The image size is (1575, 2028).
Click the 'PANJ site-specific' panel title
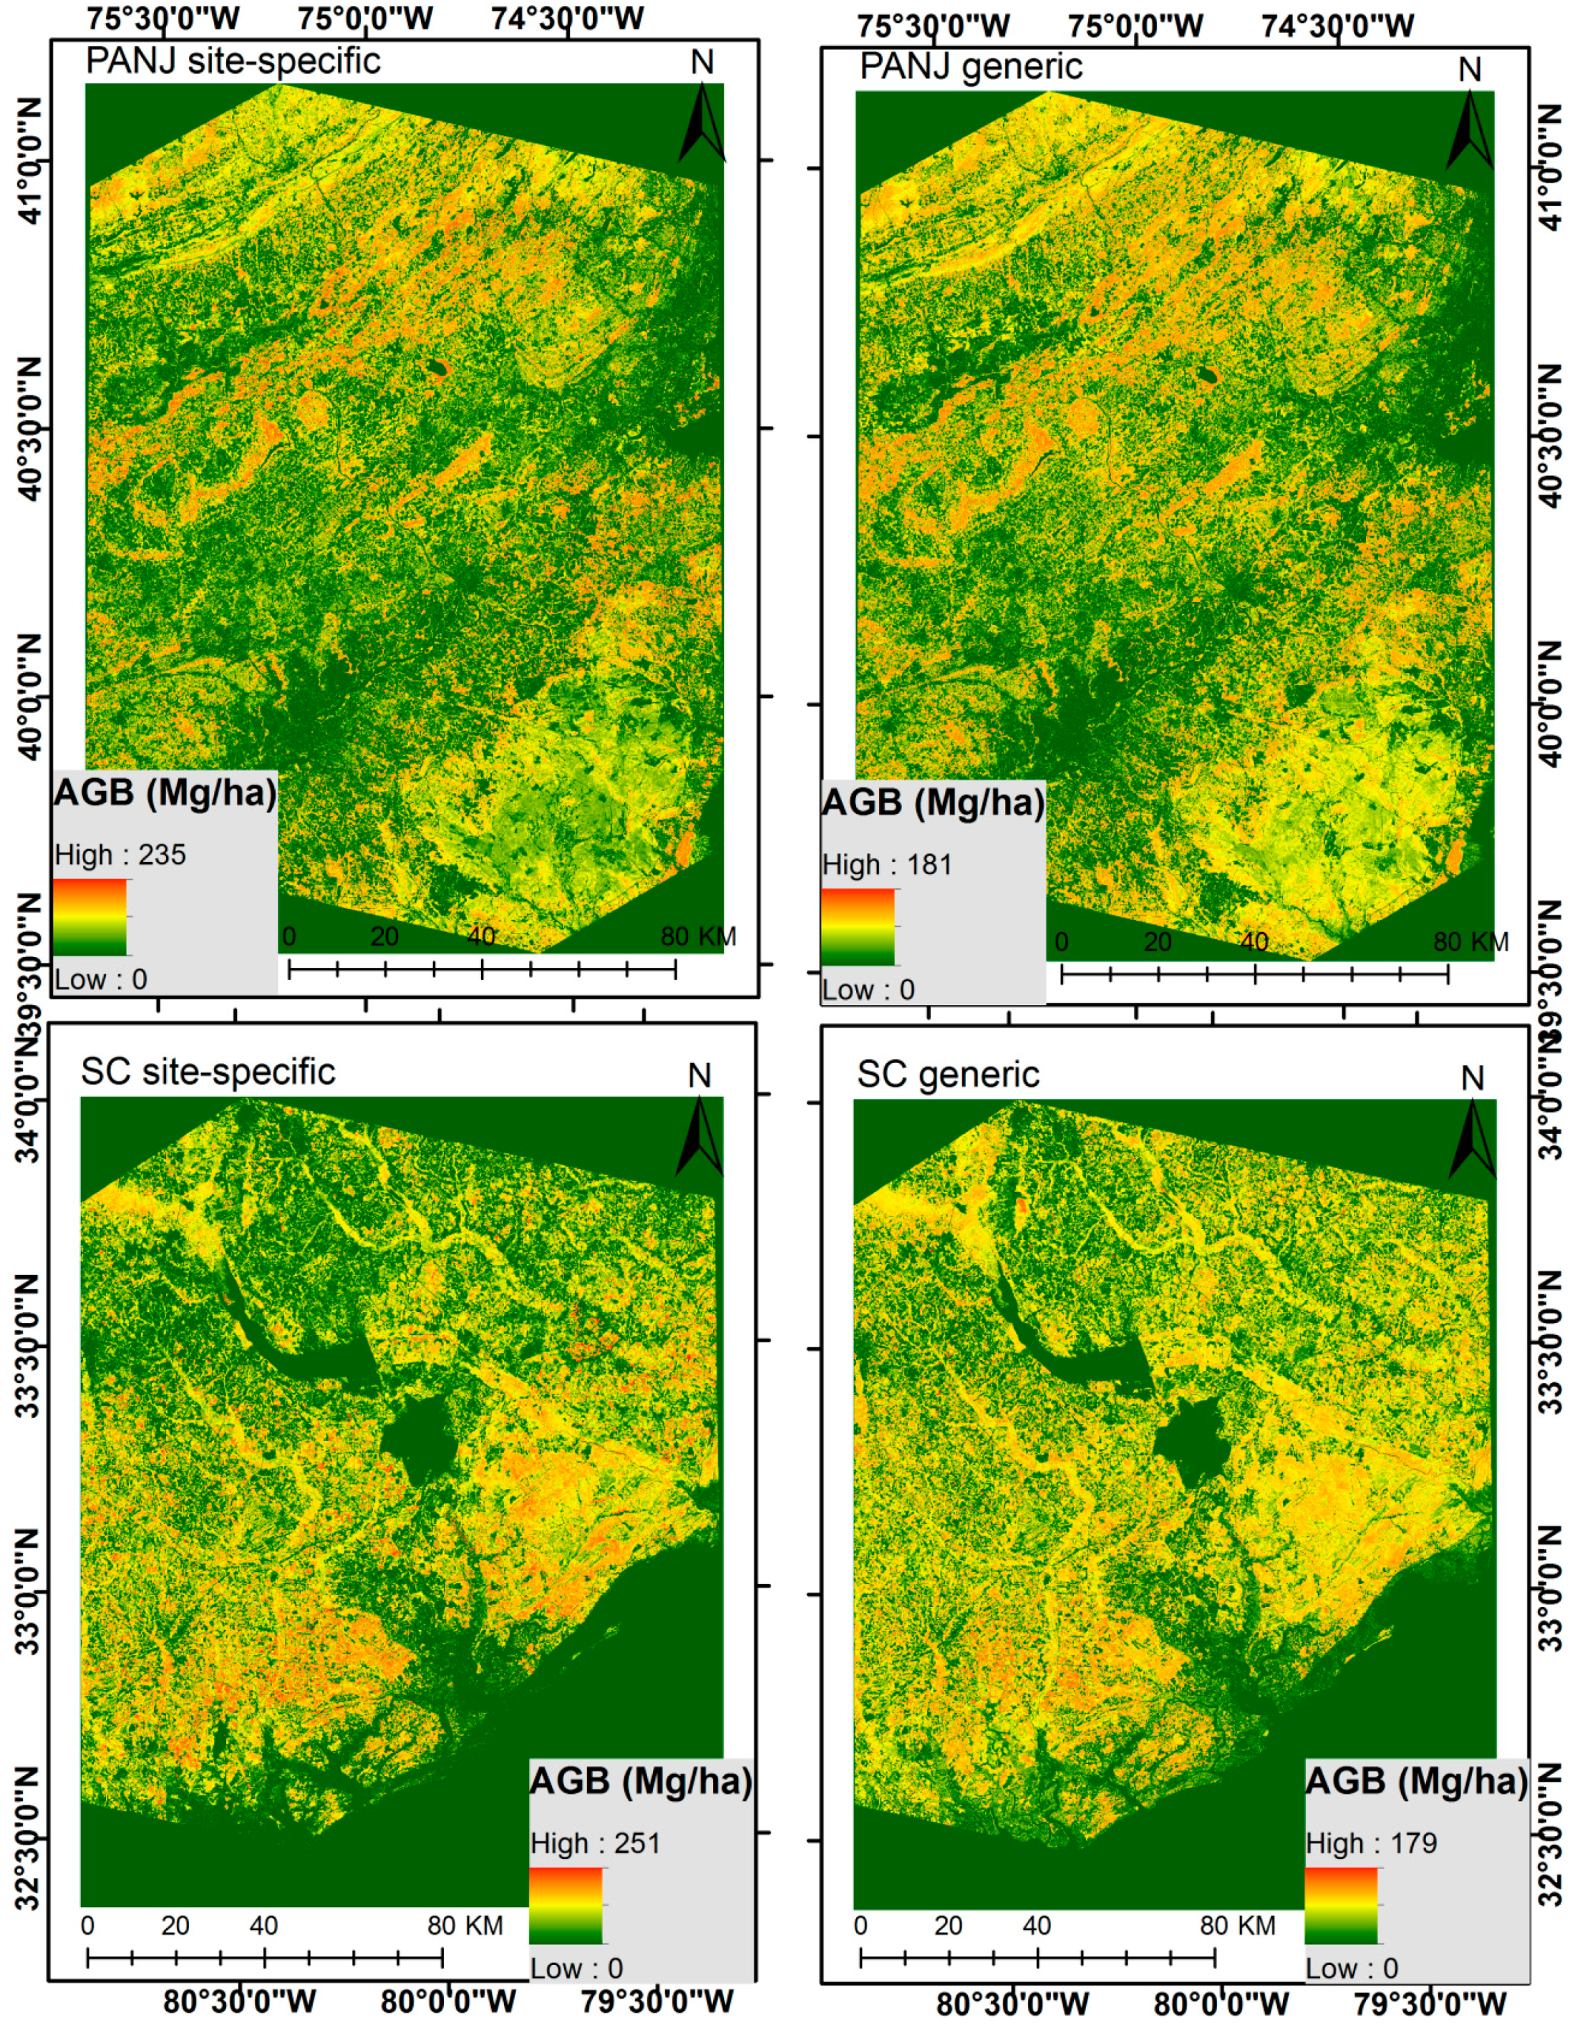point(233,62)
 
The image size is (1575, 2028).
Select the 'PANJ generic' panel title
point(971,67)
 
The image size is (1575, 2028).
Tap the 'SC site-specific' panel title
point(208,1072)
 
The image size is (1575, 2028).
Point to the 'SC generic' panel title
point(947,1074)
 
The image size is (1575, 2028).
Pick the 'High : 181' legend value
point(888,865)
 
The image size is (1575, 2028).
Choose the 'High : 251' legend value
point(595,1843)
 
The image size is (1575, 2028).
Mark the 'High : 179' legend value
point(1371,1843)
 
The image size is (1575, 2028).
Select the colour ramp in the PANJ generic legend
point(858,927)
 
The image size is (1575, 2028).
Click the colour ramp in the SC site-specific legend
point(566,1906)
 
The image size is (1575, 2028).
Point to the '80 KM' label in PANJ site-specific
point(698,936)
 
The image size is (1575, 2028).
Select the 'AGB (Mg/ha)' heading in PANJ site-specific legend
point(165,793)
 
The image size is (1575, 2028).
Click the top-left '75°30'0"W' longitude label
point(163,18)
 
